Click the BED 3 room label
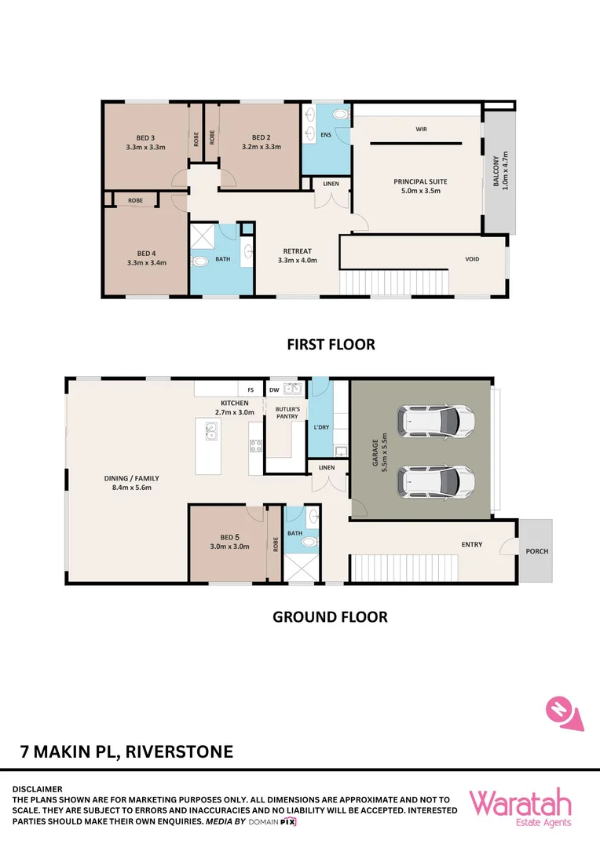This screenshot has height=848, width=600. pyautogui.click(x=145, y=138)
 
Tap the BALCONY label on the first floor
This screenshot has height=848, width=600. pyautogui.click(x=496, y=171)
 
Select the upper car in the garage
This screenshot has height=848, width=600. pyautogui.click(x=436, y=420)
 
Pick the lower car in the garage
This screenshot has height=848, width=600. pyautogui.click(x=436, y=481)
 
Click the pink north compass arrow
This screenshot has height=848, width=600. pyautogui.click(x=565, y=714)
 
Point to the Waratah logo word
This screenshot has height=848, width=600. pyautogui.click(x=520, y=803)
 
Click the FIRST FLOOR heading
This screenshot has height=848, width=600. pyautogui.click(x=331, y=345)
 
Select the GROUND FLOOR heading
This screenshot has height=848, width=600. pyautogui.click(x=330, y=617)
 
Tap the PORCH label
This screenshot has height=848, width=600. pyautogui.click(x=536, y=551)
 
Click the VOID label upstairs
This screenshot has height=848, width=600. pyautogui.click(x=472, y=259)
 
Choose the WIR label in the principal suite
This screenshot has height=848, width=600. pyautogui.click(x=422, y=130)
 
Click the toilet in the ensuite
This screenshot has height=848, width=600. pyautogui.click(x=341, y=114)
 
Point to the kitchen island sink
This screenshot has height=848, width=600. pyautogui.click(x=210, y=431)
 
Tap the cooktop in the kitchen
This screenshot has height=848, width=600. pyautogui.click(x=255, y=446)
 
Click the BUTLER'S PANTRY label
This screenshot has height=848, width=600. pyautogui.click(x=287, y=413)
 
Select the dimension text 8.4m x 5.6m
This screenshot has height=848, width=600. pyautogui.click(x=131, y=488)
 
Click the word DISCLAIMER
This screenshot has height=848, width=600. pyautogui.click(x=38, y=789)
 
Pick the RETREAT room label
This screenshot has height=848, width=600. pyautogui.click(x=298, y=251)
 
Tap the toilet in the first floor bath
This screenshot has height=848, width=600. pyautogui.click(x=199, y=261)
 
